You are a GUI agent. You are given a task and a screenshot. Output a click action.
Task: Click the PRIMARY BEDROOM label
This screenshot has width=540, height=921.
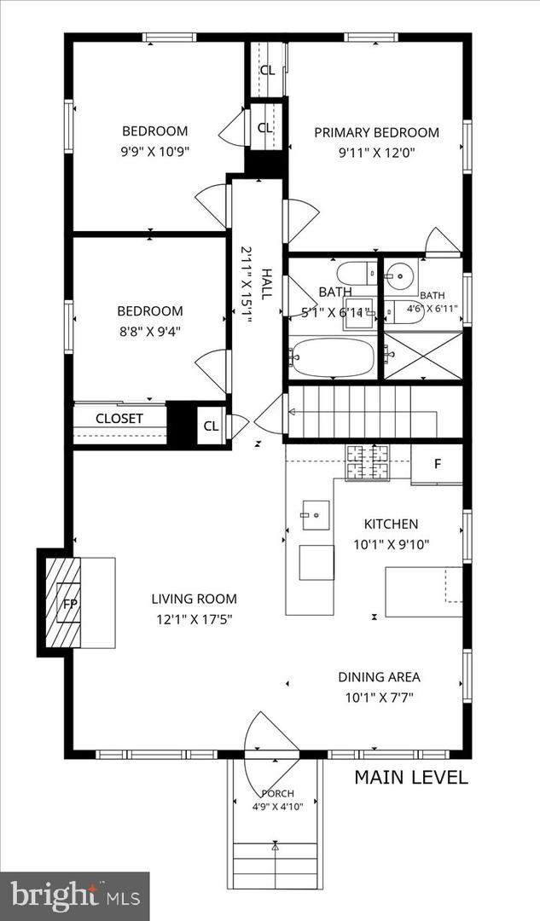pos(376,132)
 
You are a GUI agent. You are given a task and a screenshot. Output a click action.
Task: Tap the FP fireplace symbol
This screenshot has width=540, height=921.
pos(70,603)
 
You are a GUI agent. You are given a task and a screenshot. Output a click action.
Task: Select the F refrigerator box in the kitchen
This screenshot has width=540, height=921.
pos(437,464)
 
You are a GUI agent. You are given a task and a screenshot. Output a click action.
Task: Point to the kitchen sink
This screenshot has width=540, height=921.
pos(316,516)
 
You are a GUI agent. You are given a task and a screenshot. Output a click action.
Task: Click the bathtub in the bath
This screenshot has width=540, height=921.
pos(332,357)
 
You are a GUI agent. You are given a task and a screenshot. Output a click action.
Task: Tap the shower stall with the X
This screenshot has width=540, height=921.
pos(423,356)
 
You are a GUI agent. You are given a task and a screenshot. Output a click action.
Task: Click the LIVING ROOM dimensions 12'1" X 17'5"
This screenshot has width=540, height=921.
pos(194,619)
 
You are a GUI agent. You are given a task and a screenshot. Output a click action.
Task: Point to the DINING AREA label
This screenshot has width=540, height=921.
pos(379,676)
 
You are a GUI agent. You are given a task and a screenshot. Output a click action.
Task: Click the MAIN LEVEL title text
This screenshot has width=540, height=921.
pos(411,778)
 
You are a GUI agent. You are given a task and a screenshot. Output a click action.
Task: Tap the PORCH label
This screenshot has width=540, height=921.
pos(277,794)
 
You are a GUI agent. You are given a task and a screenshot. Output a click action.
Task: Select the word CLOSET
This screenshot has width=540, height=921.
pos(119,419)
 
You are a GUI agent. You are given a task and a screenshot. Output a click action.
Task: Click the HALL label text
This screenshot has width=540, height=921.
pos(267,284)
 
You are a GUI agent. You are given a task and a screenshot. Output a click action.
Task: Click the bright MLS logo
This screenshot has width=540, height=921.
pos(75,896)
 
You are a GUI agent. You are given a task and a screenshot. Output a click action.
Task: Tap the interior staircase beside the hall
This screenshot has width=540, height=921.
pos(363,412)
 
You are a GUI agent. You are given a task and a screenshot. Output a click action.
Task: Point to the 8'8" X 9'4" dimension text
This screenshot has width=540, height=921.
pos(150,332)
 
